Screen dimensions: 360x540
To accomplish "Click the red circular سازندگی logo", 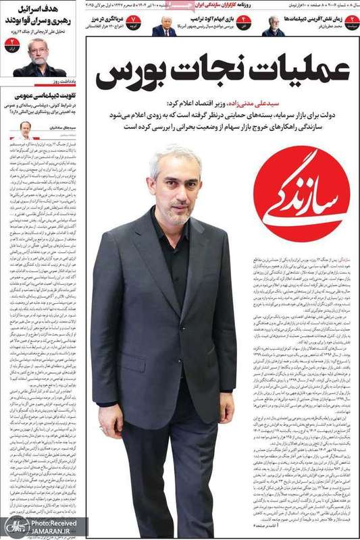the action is coord(301,194).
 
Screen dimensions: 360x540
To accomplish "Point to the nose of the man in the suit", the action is coord(178,195).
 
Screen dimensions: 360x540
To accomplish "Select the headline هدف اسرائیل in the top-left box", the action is coord(55,12).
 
